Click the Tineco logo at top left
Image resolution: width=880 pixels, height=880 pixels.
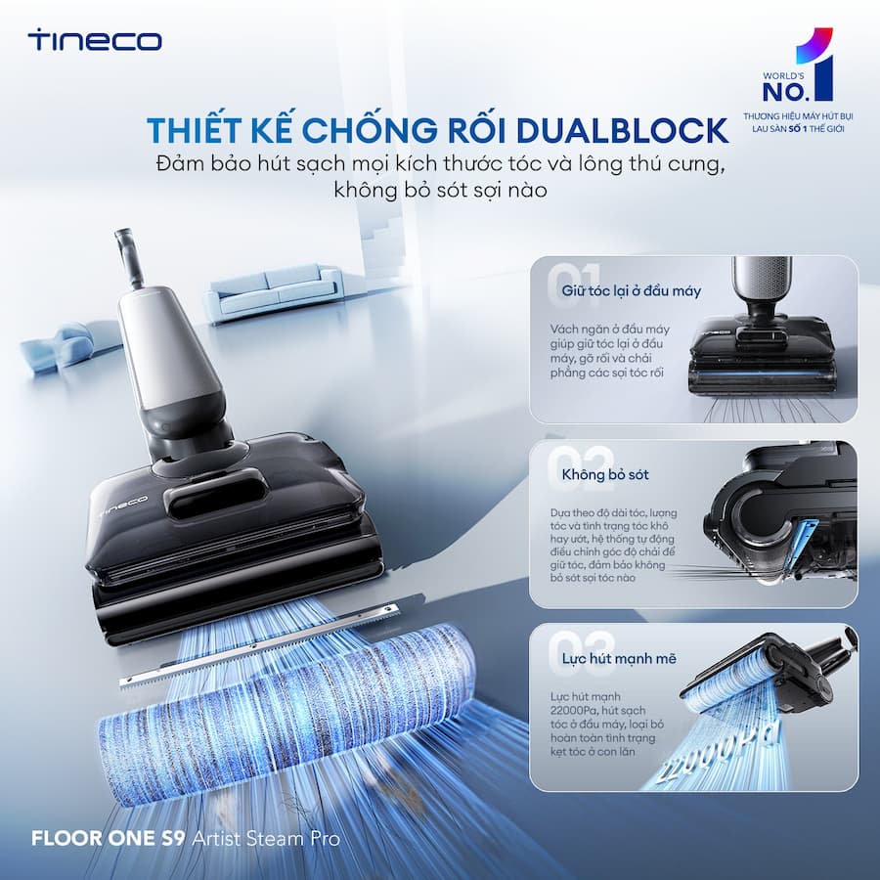point(95,40)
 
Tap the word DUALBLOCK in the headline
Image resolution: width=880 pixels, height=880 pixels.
point(622,130)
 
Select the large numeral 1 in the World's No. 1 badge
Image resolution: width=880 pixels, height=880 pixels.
point(816,64)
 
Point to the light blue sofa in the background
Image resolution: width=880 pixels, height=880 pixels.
point(274,292)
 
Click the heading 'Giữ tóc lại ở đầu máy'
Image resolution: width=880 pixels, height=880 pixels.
point(632,290)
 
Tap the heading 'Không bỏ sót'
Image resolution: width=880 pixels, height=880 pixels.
point(605,474)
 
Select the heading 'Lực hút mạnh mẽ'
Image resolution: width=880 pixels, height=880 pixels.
point(619,658)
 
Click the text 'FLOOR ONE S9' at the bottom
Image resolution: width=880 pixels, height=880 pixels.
point(108,839)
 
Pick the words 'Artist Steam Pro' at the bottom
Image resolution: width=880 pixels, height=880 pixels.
point(266,839)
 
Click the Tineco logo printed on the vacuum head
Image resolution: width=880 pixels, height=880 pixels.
point(123,506)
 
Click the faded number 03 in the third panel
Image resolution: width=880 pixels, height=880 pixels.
point(582,652)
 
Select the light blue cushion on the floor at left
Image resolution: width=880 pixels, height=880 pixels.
point(58,343)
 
